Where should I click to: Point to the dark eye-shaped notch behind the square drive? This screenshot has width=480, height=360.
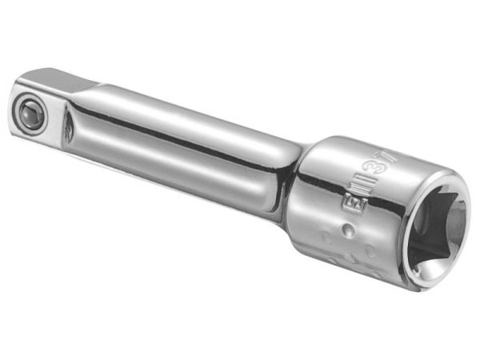(69, 129)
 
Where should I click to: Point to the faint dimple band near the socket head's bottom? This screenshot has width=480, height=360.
(352, 260)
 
